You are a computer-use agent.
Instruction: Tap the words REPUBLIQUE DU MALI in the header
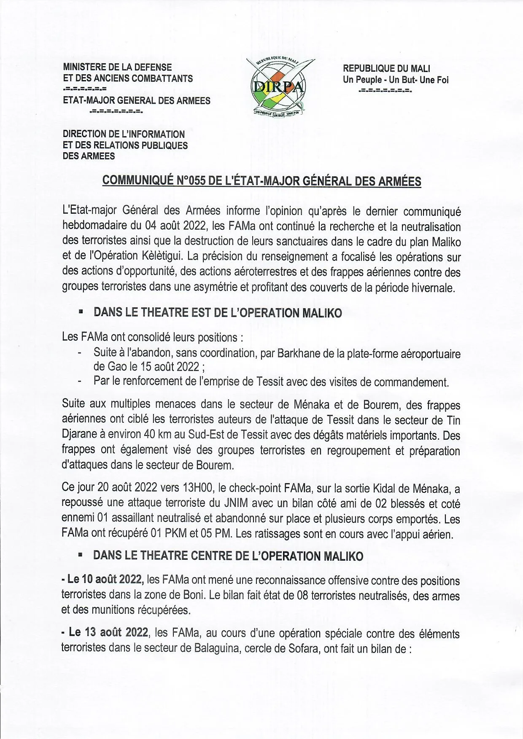click(386, 68)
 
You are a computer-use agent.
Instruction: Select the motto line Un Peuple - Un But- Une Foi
click(396, 80)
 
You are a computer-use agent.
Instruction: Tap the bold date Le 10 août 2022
click(102, 580)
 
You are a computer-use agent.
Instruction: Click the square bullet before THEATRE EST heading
click(80, 312)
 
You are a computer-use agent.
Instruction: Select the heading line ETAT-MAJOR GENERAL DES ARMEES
click(136, 100)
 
